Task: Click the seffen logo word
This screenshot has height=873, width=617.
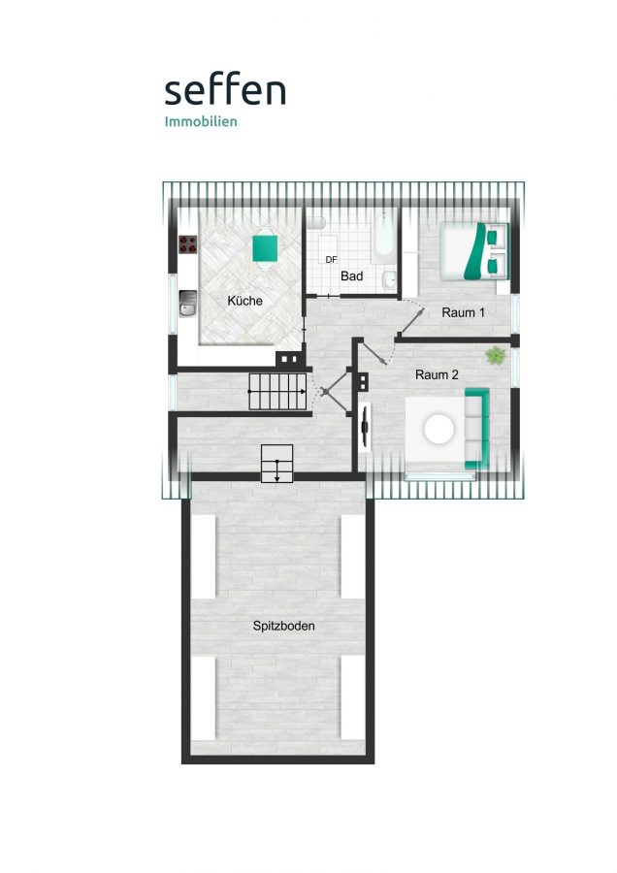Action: tap(225, 90)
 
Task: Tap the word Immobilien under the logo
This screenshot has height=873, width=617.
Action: tap(201, 121)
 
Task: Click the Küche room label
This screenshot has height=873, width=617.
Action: tap(245, 301)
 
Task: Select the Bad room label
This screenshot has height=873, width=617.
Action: tap(352, 275)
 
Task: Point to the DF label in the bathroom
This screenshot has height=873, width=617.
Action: tap(332, 259)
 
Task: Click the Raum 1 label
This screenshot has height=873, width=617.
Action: tap(464, 312)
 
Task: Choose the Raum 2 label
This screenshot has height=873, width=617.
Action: tap(438, 374)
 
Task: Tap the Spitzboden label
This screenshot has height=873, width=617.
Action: tap(284, 626)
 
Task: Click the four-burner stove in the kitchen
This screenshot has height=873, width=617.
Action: tap(187, 243)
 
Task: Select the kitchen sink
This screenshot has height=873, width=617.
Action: tap(187, 304)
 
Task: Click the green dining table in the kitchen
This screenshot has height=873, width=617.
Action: tap(265, 248)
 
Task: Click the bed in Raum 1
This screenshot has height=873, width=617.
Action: tap(474, 251)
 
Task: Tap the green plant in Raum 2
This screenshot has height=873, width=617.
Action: tap(495, 355)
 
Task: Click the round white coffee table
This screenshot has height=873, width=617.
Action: tap(438, 429)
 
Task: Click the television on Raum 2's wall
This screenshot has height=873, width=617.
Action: tap(366, 426)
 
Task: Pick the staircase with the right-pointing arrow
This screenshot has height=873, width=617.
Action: tap(277, 392)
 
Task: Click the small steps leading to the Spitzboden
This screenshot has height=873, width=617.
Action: tap(276, 464)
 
